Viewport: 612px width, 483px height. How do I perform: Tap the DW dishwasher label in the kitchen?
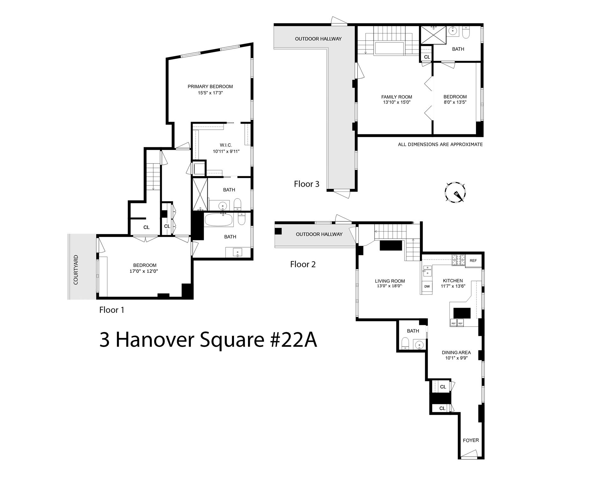(427, 286)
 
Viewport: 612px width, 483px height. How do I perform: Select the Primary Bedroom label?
(210, 86)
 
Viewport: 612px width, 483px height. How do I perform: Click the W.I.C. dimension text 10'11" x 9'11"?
(226, 152)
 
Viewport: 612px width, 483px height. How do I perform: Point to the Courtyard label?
(76, 270)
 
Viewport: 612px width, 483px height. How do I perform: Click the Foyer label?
(471, 440)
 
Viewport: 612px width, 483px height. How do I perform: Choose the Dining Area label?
(456, 352)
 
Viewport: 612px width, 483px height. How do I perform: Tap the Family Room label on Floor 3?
(397, 97)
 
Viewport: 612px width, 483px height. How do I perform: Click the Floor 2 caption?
(303, 264)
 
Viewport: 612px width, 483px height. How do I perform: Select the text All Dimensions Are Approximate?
(440, 144)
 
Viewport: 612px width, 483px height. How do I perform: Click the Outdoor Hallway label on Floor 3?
(318, 39)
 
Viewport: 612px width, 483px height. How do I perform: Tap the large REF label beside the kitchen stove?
(473, 261)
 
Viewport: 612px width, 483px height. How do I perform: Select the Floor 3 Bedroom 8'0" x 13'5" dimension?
(455, 102)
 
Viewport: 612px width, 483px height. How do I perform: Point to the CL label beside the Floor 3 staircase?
(427, 57)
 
